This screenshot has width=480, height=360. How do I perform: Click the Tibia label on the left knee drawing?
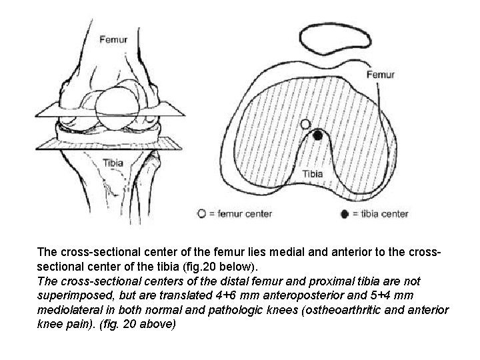pos(113,162)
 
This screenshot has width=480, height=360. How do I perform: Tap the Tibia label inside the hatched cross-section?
pos(313,174)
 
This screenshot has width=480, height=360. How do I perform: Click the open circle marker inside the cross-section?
pos(305,124)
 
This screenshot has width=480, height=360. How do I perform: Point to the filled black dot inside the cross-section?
pos(318,135)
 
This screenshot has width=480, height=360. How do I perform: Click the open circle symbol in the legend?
pos(201,214)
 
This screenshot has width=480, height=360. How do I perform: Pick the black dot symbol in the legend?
pos(344,214)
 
